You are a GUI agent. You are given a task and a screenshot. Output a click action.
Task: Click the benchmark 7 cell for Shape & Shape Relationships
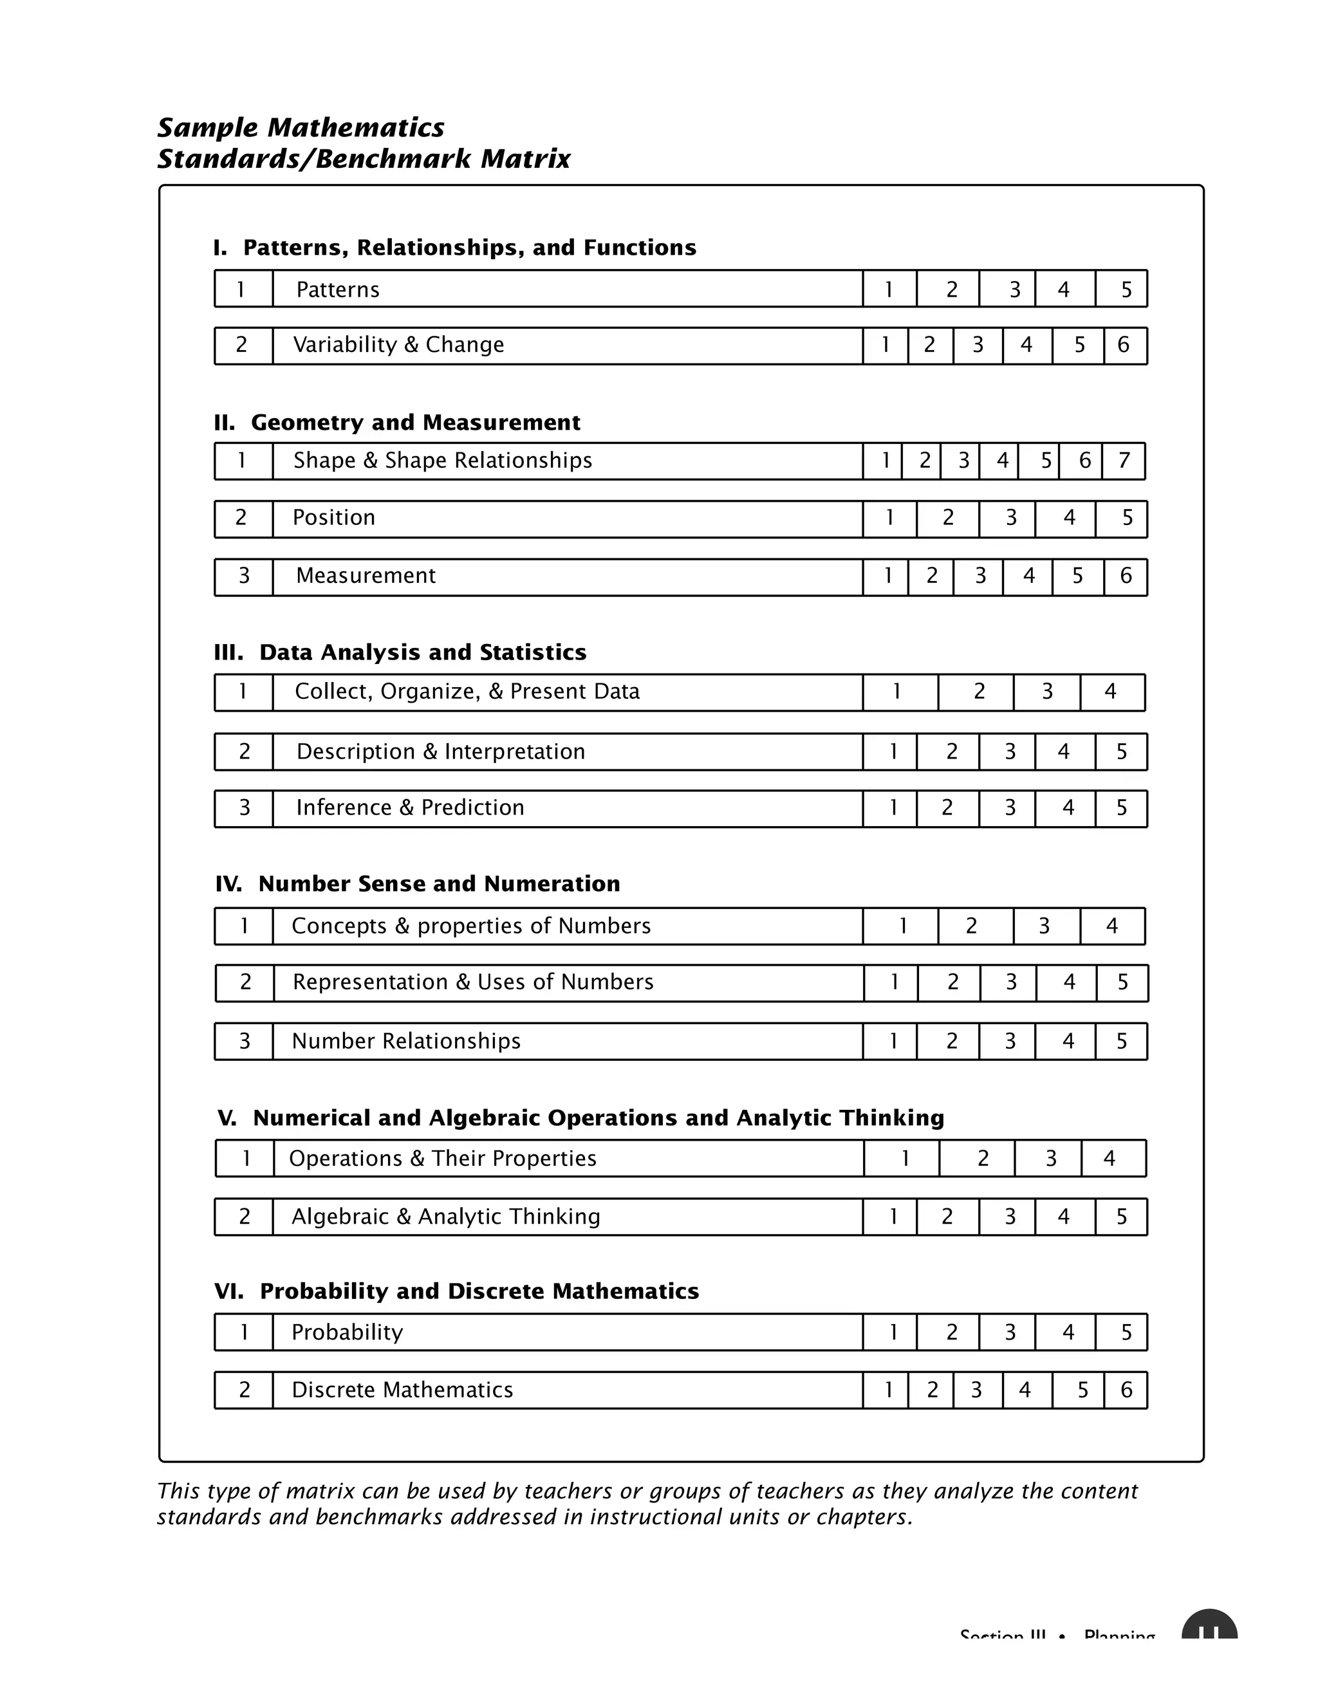[x=1124, y=461]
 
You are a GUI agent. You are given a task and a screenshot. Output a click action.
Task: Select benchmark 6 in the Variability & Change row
[x=1124, y=345]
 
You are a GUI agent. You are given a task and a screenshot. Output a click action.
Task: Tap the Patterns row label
[x=337, y=290]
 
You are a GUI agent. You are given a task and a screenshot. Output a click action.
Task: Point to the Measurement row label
[x=366, y=576]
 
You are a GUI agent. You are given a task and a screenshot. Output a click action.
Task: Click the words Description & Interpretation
[x=440, y=751]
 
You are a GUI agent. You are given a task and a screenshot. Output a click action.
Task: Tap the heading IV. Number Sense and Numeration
[x=417, y=884]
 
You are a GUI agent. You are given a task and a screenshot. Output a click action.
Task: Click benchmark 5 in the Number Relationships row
[x=1122, y=1042]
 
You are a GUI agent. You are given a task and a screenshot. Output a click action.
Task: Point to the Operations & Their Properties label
[x=442, y=1159]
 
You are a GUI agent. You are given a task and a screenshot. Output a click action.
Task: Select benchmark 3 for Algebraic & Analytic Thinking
[x=1010, y=1217]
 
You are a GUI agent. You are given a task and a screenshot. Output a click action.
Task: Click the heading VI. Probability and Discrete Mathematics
[x=456, y=1291]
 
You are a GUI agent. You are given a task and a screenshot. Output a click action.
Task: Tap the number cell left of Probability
[x=244, y=1332]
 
